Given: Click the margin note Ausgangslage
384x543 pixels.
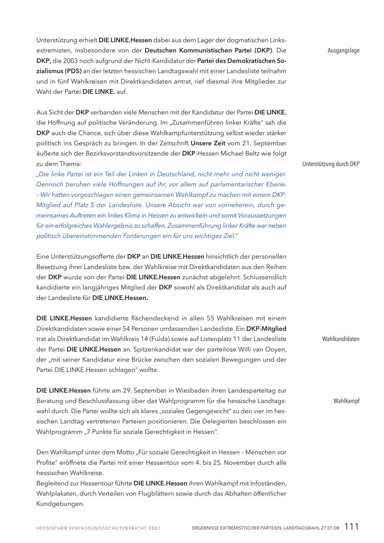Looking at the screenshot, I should click(343, 50).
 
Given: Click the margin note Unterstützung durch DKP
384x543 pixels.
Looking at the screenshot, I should click(331, 164).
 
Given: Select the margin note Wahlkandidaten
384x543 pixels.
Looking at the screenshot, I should click(340, 339).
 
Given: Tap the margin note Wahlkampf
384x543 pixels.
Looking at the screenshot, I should click(346, 401).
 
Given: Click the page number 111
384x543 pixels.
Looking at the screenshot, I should click(352, 527).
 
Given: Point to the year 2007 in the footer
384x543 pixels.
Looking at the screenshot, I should click(154, 528).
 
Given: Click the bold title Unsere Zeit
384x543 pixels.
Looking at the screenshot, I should click(208, 143).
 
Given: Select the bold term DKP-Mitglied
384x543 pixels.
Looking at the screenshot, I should click(266, 329).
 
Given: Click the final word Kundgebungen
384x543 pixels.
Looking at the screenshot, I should click(60, 504).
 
